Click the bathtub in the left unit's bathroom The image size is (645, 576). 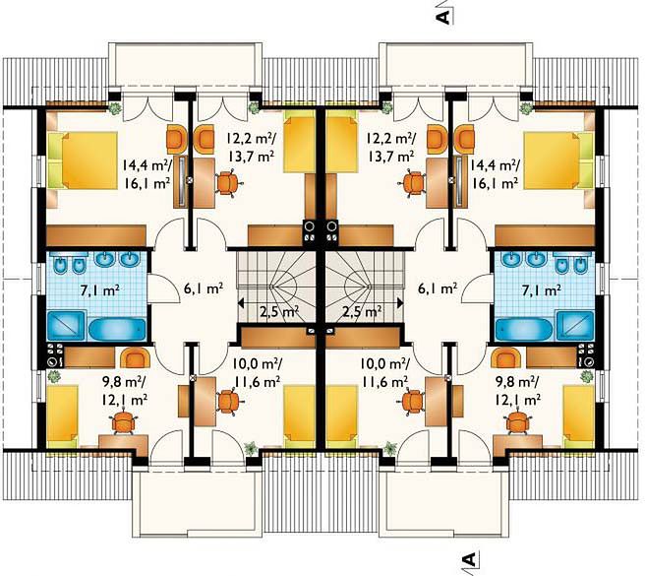pyautogui.click(x=118, y=329)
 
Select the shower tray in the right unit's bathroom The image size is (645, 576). pyautogui.click(x=575, y=326)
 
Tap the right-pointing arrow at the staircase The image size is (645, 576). pyautogui.click(x=389, y=303)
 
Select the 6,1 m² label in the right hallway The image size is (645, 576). pyautogui.click(x=438, y=288)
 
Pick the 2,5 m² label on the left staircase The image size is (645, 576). pyautogui.click(x=279, y=311)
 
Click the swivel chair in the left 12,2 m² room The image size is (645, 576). pyautogui.click(x=227, y=182)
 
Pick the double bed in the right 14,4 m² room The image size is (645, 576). pyautogui.click(x=559, y=160)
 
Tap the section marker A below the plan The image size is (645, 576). pyautogui.click(x=469, y=558)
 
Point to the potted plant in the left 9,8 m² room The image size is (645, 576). pyautogui.click(x=54, y=376)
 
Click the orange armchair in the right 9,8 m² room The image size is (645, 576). pyautogui.click(x=506, y=357)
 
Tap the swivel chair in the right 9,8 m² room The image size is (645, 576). pyautogui.click(x=517, y=422)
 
